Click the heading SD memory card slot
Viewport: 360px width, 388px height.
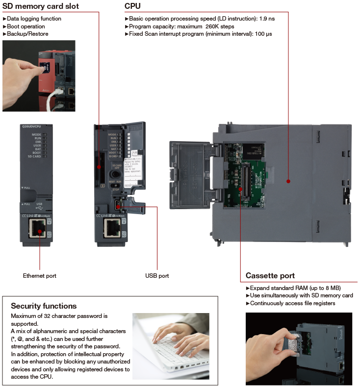pos(40,6)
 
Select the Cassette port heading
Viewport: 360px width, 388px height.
pos(270,276)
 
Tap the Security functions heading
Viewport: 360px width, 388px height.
pos(44,306)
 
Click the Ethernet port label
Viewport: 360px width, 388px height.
pos(40,276)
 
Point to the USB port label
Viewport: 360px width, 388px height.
pos(157,276)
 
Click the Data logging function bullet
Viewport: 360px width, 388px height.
pos(34,19)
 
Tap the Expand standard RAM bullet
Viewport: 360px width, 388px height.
pos(295,288)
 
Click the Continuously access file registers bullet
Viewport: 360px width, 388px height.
pos(292,303)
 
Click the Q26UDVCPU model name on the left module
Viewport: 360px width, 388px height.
pos(32,126)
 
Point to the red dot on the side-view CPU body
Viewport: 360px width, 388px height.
pos(288,181)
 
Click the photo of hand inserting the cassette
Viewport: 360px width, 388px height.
pos(299,349)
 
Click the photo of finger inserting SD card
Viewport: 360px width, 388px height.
pos(39,75)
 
